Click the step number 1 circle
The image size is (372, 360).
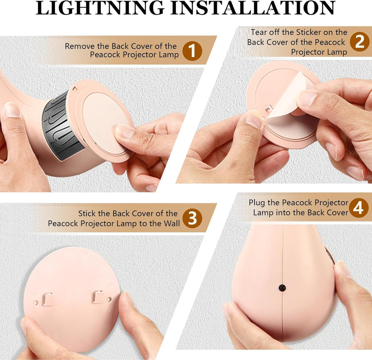click(x=192, y=50)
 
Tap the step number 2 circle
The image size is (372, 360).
click(x=360, y=42)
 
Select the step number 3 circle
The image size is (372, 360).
click(x=192, y=218)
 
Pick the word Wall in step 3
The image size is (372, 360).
click(x=172, y=223)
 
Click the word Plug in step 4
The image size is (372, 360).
click(x=257, y=203)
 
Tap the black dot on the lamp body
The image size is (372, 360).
click(x=282, y=288)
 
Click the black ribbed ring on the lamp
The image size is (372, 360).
click(x=61, y=126)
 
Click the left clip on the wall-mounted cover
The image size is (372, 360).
click(x=48, y=299)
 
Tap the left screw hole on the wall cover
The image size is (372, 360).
click(x=36, y=303)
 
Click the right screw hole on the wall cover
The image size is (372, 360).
click(x=109, y=299)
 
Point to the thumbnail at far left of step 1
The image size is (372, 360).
click(x=11, y=110)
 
